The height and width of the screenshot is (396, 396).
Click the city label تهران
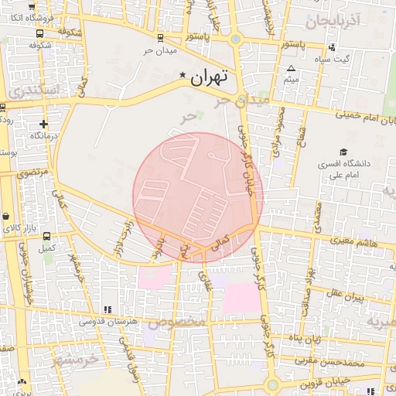click(209, 77)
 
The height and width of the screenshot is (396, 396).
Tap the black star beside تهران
click(183, 75)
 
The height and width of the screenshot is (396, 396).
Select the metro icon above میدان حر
click(159, 37)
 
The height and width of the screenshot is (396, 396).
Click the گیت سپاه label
click(336, 59)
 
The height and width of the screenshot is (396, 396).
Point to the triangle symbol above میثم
click(291, 68)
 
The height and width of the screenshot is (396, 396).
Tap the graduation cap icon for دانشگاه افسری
click(343, 152)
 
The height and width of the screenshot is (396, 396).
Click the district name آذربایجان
click(333, 22)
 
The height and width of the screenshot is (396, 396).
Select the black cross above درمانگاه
click(43, 123)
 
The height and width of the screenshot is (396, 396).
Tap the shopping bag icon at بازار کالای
click(7, 216)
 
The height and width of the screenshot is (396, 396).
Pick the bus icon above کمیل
click(47, 237)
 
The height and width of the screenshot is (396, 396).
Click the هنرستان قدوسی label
click(110, 321)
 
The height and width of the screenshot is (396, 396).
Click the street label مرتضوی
click(32, 172)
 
